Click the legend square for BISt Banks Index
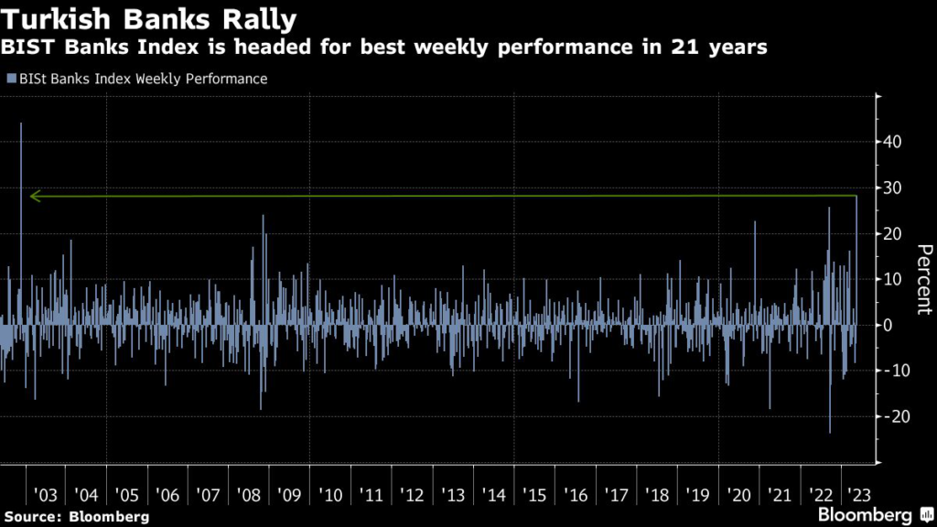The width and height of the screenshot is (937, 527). coord(10,79)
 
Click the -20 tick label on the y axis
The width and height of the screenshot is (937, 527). coord(894,416)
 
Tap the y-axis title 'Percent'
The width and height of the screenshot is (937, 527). coord(923,279)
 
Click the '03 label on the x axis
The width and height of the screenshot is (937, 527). coord(45,495)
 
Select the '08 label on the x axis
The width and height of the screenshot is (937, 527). coord(249,495)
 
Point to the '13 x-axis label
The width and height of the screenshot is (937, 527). coord(453,495)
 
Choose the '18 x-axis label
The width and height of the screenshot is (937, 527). coord(657,495)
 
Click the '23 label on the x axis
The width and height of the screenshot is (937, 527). coord(860,495)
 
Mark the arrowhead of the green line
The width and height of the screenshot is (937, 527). coord(34,196)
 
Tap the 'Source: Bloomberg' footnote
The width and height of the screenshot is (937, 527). coord(76,517)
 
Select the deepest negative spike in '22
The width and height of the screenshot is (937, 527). coord(830,430)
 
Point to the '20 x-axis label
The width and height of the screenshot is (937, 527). coord(738,495)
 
